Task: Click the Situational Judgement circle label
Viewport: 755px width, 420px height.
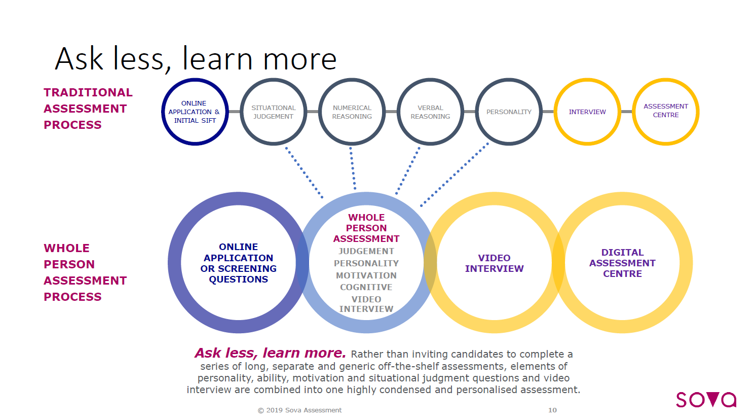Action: click(x=273, y=112)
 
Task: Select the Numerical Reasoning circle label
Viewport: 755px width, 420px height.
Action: click(x=352, y=112)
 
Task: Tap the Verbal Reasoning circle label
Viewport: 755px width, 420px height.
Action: click(x=430, y=112)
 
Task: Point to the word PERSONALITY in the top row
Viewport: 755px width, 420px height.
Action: click(x=509, y=112)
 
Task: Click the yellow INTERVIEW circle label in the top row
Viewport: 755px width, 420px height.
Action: click(x=587, y=112)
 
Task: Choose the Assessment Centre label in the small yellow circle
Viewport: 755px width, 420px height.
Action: click(x=666, y=111)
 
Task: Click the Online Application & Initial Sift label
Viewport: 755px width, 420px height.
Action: click(x=195, y=112)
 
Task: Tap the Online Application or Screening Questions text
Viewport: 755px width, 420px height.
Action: click(x=238, y=263)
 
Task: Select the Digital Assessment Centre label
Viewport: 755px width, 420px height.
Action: click(x=622, y=263)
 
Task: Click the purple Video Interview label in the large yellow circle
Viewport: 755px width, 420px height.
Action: click(x=495, y=263)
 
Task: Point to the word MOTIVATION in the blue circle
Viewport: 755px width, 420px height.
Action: click(x=366, y=275)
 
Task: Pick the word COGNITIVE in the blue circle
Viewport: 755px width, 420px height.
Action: click(x=366, y=288)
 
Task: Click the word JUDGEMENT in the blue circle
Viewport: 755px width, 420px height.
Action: click(x=366, y=251)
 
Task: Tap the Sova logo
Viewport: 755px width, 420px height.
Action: click(x=706, y=400)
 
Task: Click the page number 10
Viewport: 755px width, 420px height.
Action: click(x=552, y=410)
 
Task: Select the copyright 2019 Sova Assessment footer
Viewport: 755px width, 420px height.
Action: click(x=299, y=410)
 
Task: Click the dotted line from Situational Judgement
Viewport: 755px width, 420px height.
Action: click(x=305, y=173)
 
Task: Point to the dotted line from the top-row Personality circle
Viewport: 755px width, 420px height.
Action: click(x=455, y=174)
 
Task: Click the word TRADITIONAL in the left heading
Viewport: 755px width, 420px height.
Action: click(x=88, y=92)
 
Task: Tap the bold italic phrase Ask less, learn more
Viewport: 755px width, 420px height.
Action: click(x=270, y=353)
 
